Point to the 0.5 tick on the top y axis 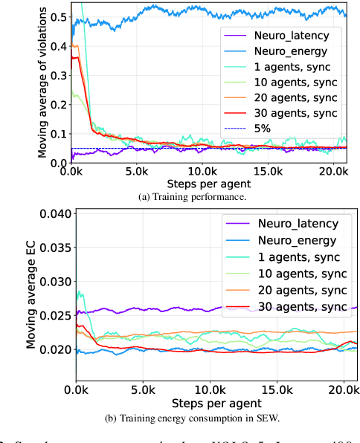tap(58, 16)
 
